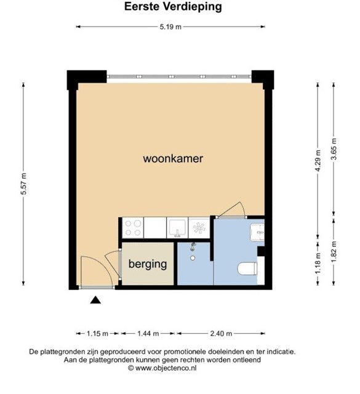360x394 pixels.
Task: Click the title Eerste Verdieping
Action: [x=173, y=7]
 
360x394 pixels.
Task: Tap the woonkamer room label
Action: [x=173, y=159]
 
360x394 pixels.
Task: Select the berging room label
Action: [x=148, y=264]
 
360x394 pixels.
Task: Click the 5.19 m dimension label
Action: [x=170, y=26]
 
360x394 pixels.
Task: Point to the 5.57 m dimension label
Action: [x=24, y=184]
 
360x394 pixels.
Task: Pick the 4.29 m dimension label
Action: [x=318, y=161]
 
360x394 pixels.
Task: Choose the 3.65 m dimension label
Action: [x=334, y=149]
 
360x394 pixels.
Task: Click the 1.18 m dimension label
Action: [x=318, y=263]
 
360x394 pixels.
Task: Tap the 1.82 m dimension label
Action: [x=334, y=252]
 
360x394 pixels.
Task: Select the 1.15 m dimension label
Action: [x=97, y=334]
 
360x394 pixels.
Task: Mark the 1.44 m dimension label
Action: [x=148, y=334]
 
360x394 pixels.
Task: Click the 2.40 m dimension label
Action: [x=221, y=334]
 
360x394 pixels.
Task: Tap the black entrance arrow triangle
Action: [x=95, y=300]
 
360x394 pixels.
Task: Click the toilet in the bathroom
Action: [x=248, y=268]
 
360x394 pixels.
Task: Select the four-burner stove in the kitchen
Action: [x=133, y=228]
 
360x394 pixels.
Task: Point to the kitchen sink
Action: [x=177, y=228]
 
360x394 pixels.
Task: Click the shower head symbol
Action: [x=193, y=247]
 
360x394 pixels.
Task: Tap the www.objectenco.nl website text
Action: [x=166, y=368]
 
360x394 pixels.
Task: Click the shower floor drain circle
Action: [x=193, y=258]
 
